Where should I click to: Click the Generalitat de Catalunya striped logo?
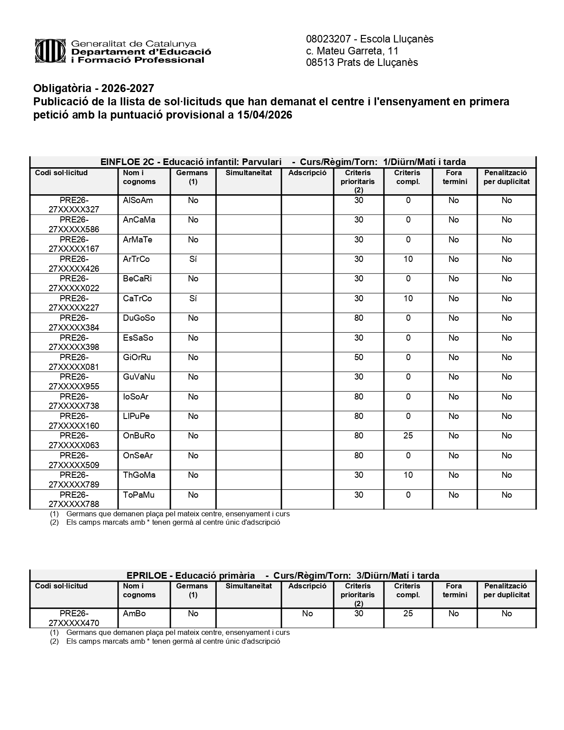tap(51, 51)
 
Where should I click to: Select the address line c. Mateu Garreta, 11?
tap(352, 51)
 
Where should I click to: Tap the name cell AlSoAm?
tap(138, 200)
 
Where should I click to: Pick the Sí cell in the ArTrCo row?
tap(193, 259)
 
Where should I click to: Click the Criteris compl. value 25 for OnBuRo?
tap(408, 436)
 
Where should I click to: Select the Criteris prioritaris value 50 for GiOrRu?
tap(358, 357)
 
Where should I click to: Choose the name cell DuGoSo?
tap(139, 318)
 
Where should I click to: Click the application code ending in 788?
tap(74, 499)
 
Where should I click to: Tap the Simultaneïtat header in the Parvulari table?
tap(249, 173)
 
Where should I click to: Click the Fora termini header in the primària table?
tap(454, 590)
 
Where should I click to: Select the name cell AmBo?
tap(134, 614)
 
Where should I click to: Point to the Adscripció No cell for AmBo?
tap(307, 614)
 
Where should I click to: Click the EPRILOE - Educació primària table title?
tap(191, 576)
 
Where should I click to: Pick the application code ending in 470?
tap(74, 618)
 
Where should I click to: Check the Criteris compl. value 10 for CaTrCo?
tap(408, 299)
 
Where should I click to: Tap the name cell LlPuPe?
tap(136, 416)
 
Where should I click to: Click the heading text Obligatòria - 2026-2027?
tap(94, 89)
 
